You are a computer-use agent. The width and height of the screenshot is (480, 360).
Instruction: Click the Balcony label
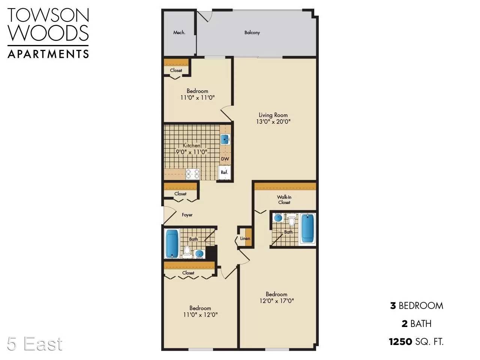point(252,33)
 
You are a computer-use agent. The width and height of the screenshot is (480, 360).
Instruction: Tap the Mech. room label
point(179,33)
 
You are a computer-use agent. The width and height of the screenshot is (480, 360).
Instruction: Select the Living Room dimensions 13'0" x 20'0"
point(273,121)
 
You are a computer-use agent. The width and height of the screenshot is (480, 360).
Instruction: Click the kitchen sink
point(225,139)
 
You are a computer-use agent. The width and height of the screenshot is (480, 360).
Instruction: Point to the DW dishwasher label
point(225,159)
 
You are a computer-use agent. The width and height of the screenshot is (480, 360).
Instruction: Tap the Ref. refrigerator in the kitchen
point(224,172)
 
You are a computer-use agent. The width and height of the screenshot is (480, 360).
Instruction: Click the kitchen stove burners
point(192,174)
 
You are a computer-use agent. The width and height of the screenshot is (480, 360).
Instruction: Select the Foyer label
point(187,215)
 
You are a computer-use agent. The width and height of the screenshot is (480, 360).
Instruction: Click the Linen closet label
point(245,238)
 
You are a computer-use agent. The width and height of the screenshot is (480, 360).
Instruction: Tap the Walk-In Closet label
point(284,200)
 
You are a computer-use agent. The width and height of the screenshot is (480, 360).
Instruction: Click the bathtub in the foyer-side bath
point(172,243)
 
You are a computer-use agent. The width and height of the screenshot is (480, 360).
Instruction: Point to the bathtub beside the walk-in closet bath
point(307,229)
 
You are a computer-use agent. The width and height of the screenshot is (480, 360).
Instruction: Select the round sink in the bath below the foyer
point(199,254)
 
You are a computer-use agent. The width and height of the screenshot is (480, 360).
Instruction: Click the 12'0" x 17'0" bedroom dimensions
point(277,301)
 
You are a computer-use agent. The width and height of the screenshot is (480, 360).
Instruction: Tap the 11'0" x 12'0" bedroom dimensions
point(200,315)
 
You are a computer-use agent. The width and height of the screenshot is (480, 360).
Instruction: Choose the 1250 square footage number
point(400,342)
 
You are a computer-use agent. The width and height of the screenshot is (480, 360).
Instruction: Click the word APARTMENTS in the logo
point(48,54)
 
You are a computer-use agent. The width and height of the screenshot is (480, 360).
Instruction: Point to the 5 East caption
point(35,344)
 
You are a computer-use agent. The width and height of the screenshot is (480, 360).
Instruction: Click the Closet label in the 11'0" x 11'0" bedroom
point(176,70)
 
